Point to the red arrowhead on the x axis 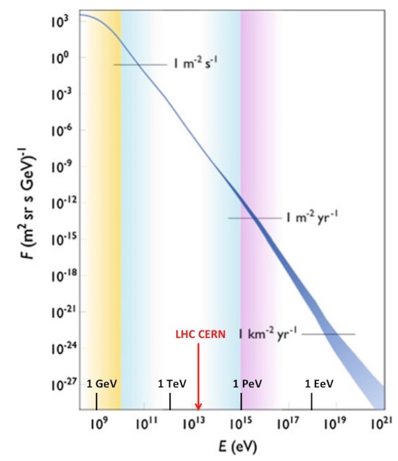point(198,406)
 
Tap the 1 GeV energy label point(102,384)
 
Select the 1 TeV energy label point(172,384)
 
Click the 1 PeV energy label point(247,384)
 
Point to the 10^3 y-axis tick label point(60,21)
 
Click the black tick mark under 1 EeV point(311,400)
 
